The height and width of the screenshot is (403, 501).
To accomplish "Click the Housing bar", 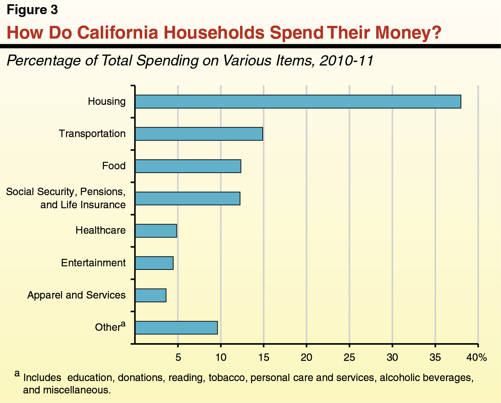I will [x=298, y=102].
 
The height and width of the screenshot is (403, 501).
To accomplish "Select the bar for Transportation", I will [x=199, y=134].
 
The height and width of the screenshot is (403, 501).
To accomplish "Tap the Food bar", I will [x=188, y=166].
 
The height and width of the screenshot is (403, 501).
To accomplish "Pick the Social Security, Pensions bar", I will [x=188, y=198].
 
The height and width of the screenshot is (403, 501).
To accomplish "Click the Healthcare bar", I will [x=156, y=231].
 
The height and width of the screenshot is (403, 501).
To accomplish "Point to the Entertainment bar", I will [x=154, y=263].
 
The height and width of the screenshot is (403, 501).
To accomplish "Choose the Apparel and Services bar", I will [x=151, y=295].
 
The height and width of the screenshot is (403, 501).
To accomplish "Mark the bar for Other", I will [x=176, y=328].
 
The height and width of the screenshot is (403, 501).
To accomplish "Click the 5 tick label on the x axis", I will [x=178, y=357].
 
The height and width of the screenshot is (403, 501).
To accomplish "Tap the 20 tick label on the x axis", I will [x=306, y=357].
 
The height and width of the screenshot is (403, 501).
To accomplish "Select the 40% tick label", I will [x=477, y=357].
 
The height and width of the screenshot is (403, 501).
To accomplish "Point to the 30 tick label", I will [x=392, y=357].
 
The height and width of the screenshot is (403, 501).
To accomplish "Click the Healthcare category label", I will [x=101, y=231].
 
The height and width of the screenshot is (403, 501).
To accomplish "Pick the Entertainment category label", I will [x=93, y=263].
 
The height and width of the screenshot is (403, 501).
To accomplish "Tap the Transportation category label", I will [x=92, y=134].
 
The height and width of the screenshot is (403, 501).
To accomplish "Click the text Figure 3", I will [x=32, y=10].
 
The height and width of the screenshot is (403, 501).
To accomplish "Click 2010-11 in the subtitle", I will [x=346, y=61].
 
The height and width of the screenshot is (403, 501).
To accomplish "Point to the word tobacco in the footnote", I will [x=227, y=378].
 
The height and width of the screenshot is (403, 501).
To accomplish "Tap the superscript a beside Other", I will [x=123, y=323].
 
